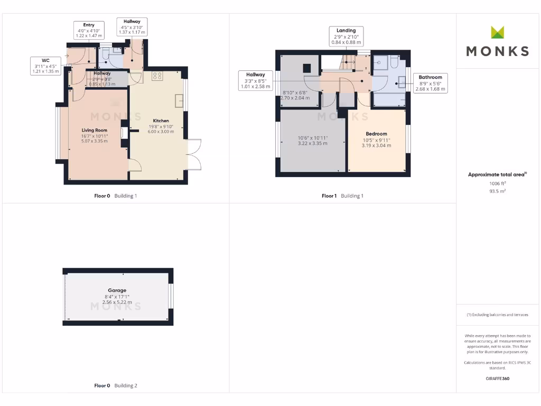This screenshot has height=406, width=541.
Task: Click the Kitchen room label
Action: tap(161, 121)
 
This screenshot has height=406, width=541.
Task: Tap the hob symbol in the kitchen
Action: tap(157, 76)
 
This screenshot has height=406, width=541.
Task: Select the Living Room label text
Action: tap(94, 130)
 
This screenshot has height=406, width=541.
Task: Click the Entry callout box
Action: tap(88, 30)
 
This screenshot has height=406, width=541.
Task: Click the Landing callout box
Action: tap(346, 36)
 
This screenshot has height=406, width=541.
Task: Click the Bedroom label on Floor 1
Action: tap(376, 134)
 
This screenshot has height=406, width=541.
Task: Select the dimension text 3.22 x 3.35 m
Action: tap(313, 143)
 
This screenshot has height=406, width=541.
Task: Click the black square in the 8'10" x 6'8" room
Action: tap(306, 68)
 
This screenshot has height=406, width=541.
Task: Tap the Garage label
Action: tap(117, 290)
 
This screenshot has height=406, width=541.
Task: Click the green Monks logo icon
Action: tap(498, 33)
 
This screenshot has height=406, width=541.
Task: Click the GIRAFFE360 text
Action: tap(497, 379)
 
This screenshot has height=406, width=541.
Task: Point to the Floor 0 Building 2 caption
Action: tap(115, 385)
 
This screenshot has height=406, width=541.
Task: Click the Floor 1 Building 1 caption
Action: tap(342, 196)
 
